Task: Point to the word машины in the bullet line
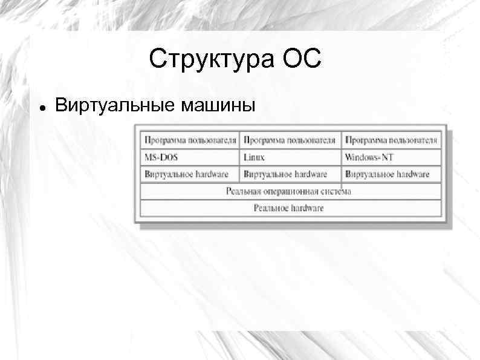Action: (x=219, y=105)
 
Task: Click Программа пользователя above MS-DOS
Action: (x=189, y=140)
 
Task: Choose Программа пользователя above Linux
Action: (x=290, y=140)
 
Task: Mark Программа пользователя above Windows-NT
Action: (x=391, y=140)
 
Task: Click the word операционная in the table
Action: (x=290, y=191)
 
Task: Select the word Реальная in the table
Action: (x=243, y=191)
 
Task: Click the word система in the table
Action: (x=336, y=191)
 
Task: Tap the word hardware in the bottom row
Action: (x=306, y=208)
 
